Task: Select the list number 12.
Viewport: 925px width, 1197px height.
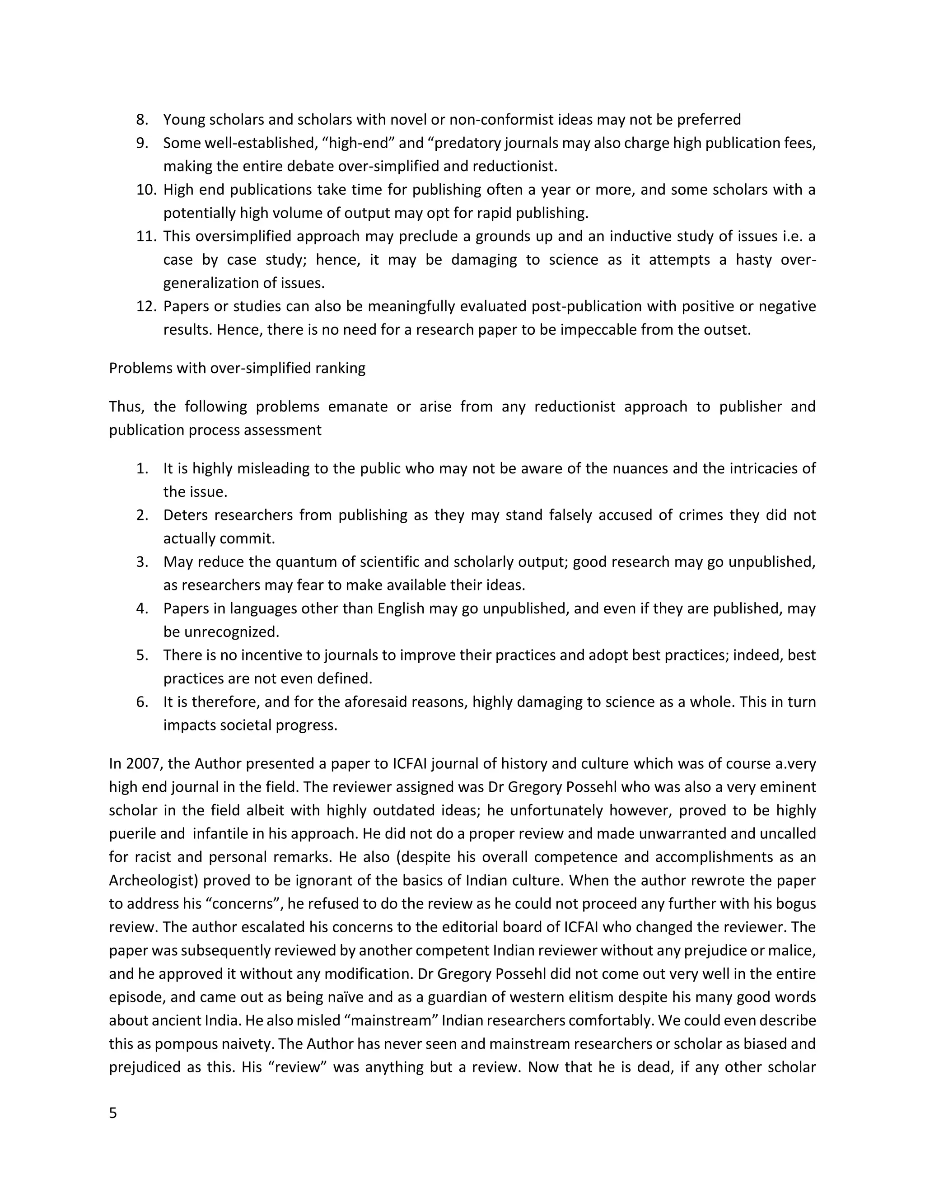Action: (146, 306)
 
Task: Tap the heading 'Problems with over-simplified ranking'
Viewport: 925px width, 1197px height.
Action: (237, 368)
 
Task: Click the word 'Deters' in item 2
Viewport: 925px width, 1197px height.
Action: (183, 515)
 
